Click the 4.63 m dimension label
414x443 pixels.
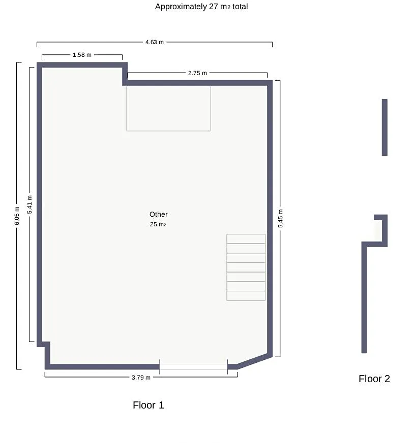point(154,42)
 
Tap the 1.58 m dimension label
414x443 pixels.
point(82,55)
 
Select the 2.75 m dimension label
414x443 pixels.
point(197,73)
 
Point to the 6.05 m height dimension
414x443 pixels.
point(17,216)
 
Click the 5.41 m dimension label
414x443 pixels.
point(29,205)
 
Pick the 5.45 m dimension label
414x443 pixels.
point(280,218)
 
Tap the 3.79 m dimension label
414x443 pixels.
point(141,378)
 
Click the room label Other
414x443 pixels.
point(159,214)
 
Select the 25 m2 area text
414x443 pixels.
point(158,224)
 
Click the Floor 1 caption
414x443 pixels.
point(149,405)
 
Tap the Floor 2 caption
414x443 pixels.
point(374,379)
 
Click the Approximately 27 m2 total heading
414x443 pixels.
point(201,7)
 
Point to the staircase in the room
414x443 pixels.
point(246,267)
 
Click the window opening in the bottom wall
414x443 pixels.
point(193,367)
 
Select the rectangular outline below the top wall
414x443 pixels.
point(168,109)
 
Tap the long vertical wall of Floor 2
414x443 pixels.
point(364,297)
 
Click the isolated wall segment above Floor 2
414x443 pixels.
point(385,127)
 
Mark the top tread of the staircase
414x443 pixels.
point(246,238)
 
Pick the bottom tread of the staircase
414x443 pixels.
point(246,296)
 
